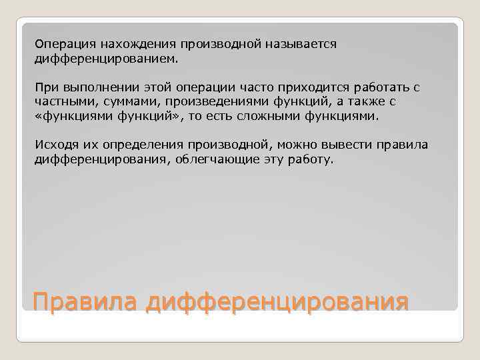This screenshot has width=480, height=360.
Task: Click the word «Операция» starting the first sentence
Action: (65, 44)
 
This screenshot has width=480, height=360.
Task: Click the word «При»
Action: (45, 87)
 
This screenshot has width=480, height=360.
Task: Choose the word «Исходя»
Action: (55, 145)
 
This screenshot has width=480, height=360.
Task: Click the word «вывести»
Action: (347, 145)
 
